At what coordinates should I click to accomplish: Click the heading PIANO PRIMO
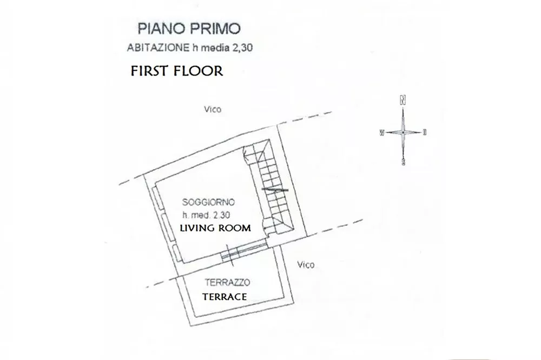pos(189,29)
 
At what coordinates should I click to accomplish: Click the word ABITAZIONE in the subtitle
pos(158,48)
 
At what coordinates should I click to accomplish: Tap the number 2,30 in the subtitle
pos(243,48)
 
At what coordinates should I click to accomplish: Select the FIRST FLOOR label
pos(177,71)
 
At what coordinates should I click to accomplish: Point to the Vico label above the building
pos(213,109)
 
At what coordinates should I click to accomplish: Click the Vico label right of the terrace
pos(306,264)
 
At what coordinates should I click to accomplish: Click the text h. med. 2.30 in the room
pos(206,215)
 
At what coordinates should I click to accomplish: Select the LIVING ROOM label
pos(215,228)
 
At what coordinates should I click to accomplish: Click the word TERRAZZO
pos(227,282)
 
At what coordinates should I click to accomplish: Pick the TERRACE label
pos(225,297)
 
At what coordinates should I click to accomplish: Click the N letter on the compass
pos(403,101)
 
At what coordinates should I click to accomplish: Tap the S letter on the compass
pos(404,162)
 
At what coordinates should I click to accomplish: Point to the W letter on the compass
pos(382,133)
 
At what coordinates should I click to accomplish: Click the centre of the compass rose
pos(403,132)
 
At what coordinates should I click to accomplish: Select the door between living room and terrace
pos(243,251)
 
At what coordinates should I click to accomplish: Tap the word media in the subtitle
pos(215,48)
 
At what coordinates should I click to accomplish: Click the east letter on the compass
pos(425,132)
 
